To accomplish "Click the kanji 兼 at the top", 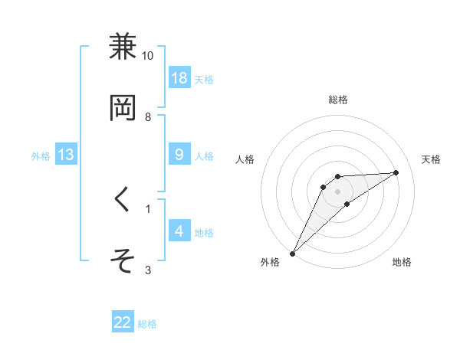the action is [x=123, y=47].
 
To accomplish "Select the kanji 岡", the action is [x=123, y=109].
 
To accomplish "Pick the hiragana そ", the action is [x=123, y=261].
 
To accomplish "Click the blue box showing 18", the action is [x=179, y=78].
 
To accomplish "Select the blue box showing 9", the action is [x=179, y=155].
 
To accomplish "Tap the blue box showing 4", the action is [x=179, y=231].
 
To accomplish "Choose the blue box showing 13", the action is [x=66, y=155].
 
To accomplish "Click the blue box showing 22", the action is [x=123, y=322].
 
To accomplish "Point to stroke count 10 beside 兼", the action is [x=148, y=56].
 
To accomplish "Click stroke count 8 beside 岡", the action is [x=148, y=117].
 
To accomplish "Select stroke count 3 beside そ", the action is [x=148, y=270].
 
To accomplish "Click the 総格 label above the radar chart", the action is [x=338, y=100].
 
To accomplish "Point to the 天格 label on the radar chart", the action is [x=432, y=159].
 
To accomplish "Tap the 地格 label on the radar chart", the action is [x=402, y=263].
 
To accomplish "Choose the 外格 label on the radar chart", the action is [x=270, y=263].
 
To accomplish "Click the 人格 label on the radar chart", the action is [x=245, y=159].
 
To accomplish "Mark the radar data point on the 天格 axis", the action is [x=396, y=172].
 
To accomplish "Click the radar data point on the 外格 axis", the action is [x=292, y=254].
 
